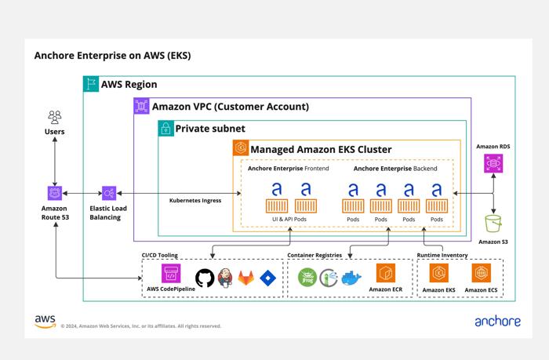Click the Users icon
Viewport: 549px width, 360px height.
point(55,118)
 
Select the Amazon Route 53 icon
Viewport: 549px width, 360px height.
point(55,193)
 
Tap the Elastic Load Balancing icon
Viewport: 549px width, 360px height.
point(109,193)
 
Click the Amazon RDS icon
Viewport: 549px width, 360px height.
point(493,164)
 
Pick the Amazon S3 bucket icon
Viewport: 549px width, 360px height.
point(493,224)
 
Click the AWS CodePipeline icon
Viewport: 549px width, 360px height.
point(171,273)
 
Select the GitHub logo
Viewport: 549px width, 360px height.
point(205,278)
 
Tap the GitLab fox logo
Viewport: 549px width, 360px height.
point(245,278)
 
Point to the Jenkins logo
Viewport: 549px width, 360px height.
point(225,278)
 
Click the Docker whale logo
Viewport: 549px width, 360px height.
point(351,278)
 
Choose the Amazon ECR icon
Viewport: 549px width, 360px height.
point(386,273)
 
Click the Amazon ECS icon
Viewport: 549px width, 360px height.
point(481,273)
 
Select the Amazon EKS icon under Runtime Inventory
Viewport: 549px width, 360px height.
point(438,273)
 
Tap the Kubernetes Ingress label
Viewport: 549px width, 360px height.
point(195,200)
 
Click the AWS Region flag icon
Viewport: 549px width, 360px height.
point(91,84)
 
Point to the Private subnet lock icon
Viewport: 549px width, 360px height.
point(166,128)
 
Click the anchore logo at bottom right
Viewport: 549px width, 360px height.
point(497,321)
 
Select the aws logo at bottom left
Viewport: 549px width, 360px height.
point(45,322)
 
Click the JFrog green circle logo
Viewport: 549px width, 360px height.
point(307,278)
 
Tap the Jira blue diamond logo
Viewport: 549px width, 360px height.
point(268,278)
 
